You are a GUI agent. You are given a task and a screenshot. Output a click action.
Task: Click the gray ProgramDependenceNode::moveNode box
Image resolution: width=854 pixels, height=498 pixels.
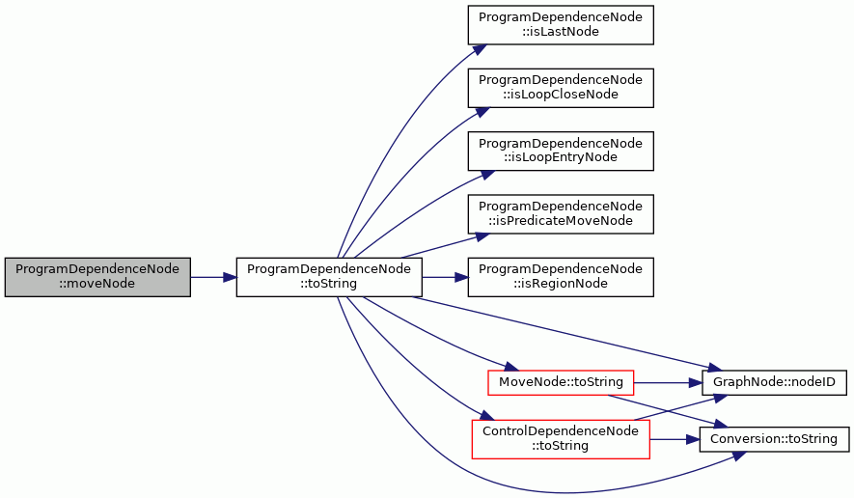pos(97,277)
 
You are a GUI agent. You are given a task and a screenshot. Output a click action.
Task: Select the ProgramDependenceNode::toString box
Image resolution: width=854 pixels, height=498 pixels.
pos(329,277)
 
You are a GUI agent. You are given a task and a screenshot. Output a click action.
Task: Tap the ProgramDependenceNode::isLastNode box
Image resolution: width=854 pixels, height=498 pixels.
pos(561,25)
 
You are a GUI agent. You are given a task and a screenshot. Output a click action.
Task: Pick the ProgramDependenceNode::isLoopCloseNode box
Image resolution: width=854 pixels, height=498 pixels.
pos(561,88)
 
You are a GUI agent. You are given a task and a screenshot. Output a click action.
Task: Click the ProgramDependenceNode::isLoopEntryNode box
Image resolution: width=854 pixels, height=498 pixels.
pos(561,151)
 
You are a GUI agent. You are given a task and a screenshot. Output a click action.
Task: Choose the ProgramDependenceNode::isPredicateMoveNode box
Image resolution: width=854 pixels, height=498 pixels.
pos(561,214)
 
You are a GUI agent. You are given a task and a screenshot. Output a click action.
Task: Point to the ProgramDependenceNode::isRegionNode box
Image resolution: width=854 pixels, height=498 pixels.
pos(561,277)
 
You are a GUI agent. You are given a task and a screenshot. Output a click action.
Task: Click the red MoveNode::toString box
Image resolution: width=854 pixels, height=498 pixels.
pos(561,382)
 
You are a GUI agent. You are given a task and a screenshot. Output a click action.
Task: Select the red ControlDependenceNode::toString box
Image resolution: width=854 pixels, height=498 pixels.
pos(561,439)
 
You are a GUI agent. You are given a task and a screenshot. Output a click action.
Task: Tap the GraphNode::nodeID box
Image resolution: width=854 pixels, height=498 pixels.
pos(774,382)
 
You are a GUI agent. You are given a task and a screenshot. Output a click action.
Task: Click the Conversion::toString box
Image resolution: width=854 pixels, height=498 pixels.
pos(774,439)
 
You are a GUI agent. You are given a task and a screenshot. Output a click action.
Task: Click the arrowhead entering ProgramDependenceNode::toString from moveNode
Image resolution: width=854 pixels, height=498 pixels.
pos(230,277)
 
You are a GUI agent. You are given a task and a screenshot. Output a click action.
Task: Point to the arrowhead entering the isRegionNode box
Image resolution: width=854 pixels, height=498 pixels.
pos(461,277)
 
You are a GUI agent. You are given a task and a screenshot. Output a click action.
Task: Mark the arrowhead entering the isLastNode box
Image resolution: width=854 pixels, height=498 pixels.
pos(480,49)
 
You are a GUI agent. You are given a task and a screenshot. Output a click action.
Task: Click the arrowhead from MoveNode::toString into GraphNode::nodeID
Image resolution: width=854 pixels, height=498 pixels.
pos(695,383)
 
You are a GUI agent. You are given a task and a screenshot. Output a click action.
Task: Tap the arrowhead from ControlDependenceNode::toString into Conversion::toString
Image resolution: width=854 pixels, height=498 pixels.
pos(693,439)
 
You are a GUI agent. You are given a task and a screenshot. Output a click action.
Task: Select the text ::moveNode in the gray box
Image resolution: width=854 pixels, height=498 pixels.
pos(97,284)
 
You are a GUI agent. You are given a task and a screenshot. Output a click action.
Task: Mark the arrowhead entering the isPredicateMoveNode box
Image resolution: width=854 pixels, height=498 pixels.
pos(482,236)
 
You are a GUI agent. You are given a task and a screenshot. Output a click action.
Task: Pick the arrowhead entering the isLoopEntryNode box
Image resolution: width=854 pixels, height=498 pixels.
pos(486,175)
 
